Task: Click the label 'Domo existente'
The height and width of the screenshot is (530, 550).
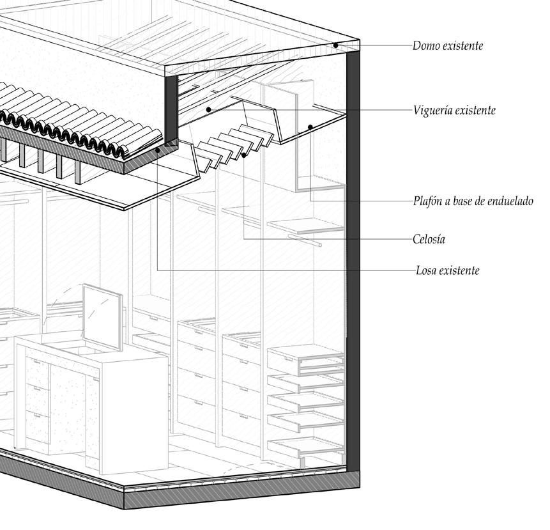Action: pyautogui.click(x=447, y=46)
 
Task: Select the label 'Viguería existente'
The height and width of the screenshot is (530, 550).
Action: pyautogui.click(x=454, y=111)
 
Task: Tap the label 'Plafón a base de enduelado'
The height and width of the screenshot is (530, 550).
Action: pyautogui.click(x=473, y=201)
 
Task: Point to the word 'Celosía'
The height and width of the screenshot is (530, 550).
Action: pyautogui.click(x=429, y=240)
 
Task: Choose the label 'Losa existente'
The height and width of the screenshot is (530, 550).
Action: pyautogui.click(x=446, y=270)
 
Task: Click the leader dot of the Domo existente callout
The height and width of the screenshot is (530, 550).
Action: pyautogui.click(x=336, y=45)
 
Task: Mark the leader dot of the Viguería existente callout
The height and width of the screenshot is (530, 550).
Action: pyautogui.click(x=209, y=110)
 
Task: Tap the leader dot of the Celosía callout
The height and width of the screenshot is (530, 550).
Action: pyautogui.click(x=245, y=155)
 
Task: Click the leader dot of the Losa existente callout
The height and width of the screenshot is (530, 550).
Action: pyautogui.click(x=158, y=150)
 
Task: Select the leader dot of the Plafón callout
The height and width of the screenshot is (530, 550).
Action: pyautogui.click(x=310, y=127)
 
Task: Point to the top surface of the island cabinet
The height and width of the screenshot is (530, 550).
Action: pyautogui.click(x=89, y=345)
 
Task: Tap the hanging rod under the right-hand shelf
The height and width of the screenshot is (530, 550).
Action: pyautogui.click(x=303, y=240)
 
